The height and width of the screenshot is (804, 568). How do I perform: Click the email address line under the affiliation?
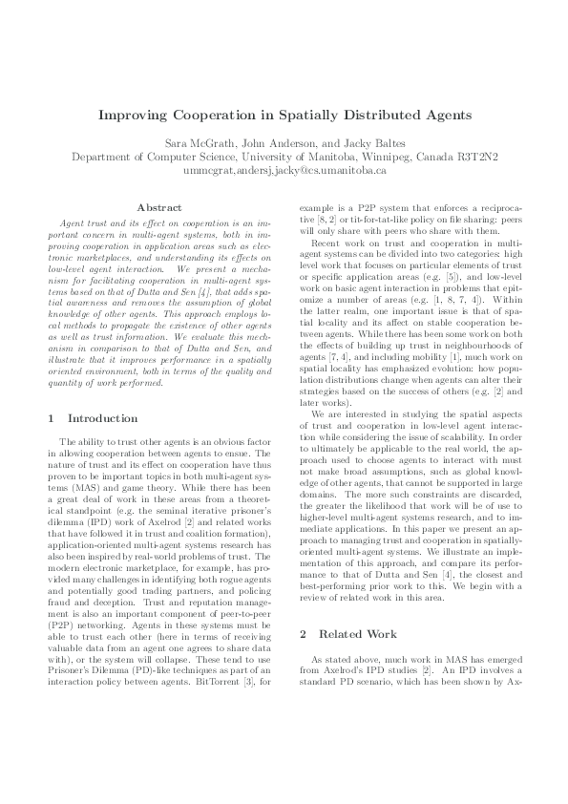284,170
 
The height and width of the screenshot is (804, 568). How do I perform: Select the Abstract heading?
159,206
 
